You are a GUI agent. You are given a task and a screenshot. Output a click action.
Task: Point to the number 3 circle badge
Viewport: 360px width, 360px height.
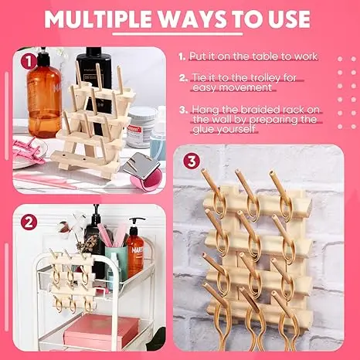pyautogui.click(x=192, y=161)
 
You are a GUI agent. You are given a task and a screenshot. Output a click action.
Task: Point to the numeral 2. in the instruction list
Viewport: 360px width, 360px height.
pyautogui.click(x=184, y=77)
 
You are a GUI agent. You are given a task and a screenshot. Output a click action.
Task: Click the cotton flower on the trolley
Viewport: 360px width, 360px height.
pyautogui.click(x=63, y=229)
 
